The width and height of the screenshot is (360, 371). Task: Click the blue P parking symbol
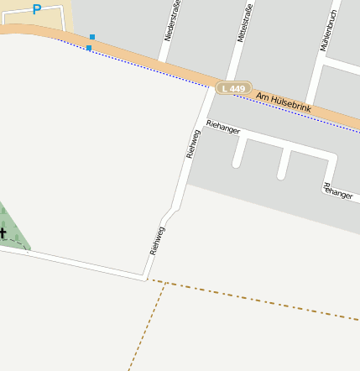[36, 9]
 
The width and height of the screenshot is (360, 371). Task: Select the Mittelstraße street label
[245, 25]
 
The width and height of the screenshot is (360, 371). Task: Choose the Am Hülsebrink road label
[284, 103]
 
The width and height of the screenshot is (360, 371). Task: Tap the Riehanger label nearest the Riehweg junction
[223, 127]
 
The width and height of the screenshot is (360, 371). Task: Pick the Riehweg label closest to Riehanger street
[193, 144]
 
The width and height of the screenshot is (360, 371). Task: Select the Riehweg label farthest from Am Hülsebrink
[156, 241]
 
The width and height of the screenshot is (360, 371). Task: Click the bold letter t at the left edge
[3, 233]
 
